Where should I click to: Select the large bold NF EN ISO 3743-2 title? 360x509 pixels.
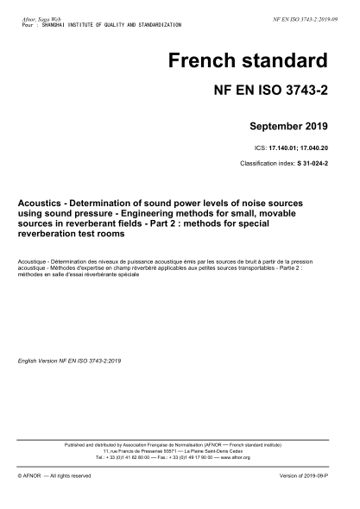pos(270,91)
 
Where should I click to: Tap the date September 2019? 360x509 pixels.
pos(288,127)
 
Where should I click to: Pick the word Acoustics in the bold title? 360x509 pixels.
pos(42,203)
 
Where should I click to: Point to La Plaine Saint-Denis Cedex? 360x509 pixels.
pos(218,451)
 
